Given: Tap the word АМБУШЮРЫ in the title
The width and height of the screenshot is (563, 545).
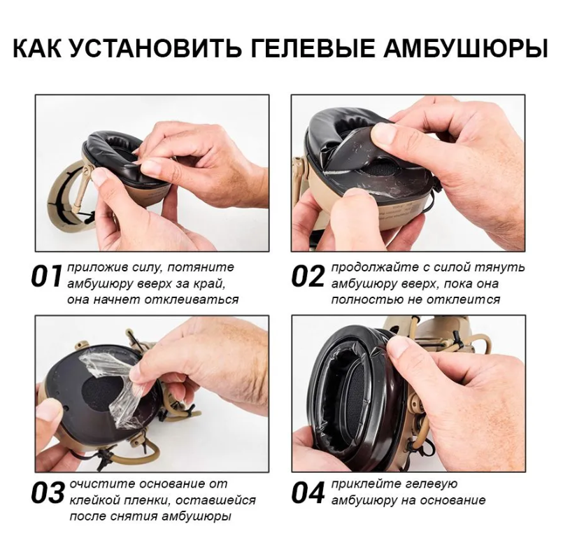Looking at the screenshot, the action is (465, 48).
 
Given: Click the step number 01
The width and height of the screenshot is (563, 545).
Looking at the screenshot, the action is (47, 277).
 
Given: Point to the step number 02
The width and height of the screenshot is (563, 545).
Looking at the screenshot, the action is (308, 277).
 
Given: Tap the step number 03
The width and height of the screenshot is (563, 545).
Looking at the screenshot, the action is (48, 494).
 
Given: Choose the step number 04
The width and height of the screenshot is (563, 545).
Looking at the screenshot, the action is (308, 494).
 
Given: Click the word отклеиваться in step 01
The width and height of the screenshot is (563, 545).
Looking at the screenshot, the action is (192, 299).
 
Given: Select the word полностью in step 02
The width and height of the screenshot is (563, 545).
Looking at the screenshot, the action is (367, 300).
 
